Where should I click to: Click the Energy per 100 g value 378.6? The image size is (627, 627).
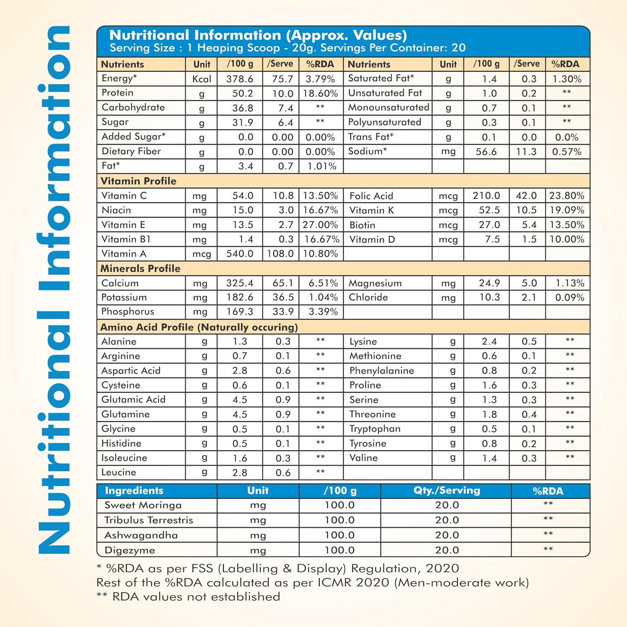point(240,79)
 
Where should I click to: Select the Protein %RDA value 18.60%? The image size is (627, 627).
point(320,93)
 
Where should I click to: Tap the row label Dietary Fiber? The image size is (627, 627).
point(131,151)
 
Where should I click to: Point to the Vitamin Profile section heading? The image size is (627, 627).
point(138,181)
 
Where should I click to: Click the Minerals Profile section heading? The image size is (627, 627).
point(140,268)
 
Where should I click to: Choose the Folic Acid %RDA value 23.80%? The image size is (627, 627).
point(566,196)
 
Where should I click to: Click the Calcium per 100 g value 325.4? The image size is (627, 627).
point(240,283)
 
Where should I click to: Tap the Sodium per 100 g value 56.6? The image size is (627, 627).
point(486,151)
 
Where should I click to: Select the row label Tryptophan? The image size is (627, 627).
point(375,429)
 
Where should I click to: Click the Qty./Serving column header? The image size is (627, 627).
point(446,490)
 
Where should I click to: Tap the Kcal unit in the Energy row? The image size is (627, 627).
point(201,79)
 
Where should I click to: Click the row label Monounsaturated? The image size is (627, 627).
point(388,107)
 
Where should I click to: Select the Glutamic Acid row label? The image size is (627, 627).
point(133,400)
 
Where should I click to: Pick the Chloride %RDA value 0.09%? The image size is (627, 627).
point(569,298)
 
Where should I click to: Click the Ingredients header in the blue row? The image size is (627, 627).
point(134,490)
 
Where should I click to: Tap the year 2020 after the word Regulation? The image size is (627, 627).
point(442,568)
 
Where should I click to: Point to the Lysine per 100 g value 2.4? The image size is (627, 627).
point(489,342)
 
